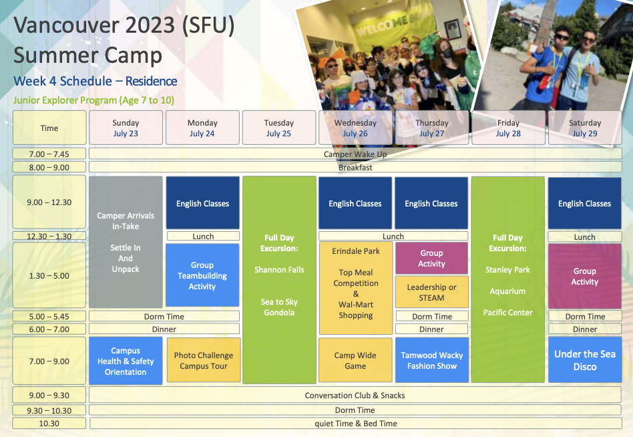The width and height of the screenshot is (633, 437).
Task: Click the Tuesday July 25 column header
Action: pos(279,128)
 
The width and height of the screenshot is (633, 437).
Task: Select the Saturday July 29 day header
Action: pos(584,128)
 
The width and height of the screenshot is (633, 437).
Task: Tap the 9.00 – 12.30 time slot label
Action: pos(49,202)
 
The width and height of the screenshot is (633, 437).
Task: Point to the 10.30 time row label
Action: pos(49,423)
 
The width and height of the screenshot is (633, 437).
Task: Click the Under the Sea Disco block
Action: pos(585,360)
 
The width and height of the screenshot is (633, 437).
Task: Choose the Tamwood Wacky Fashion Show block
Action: pos(432,360)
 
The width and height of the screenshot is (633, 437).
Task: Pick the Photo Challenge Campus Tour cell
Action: pos(204,360)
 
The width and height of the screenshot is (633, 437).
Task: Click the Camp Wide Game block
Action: pos(355,360)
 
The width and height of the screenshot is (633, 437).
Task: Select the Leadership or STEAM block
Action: pos(431,292)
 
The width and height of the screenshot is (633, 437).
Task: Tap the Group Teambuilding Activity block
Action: pos(202,275)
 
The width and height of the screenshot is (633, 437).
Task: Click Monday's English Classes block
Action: pos(203,202)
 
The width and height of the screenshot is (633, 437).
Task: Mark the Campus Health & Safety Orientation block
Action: pos(126,361)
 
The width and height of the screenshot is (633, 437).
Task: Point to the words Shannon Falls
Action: pos(279,270)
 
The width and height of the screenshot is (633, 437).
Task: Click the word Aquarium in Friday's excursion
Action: pos(507,291)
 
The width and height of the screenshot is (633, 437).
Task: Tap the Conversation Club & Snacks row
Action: pos(355,395)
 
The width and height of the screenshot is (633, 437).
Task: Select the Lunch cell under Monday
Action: pos(203,236)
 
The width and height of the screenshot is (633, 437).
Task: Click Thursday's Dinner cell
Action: pos(431,329)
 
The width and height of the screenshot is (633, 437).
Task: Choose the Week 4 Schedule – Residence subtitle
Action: pos(95,81)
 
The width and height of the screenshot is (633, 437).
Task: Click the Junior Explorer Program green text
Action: pos(93,100)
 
